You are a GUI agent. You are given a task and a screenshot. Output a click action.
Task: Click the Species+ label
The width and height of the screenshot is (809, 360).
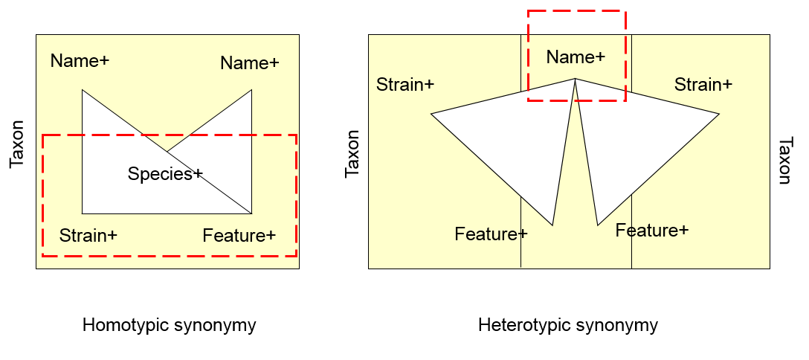164,174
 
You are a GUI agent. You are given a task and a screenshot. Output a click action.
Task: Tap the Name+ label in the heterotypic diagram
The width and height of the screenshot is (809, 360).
576,57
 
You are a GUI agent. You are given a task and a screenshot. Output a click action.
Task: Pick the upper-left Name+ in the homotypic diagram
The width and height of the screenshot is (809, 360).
80,61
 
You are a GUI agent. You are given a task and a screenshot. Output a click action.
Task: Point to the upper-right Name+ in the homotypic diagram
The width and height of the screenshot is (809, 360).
250,63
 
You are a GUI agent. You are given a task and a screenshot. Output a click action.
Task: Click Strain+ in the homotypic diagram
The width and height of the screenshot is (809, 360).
88,236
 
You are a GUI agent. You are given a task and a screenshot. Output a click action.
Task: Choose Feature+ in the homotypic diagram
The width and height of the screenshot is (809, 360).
239,236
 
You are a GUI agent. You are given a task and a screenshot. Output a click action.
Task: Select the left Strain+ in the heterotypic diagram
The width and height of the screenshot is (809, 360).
405,84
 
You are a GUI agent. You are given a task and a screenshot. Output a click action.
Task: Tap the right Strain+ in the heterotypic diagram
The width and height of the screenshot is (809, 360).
703,85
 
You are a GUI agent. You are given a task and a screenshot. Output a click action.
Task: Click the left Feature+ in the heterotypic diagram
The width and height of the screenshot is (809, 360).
491,234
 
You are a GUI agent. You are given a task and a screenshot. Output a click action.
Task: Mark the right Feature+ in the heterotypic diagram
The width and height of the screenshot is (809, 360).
652,231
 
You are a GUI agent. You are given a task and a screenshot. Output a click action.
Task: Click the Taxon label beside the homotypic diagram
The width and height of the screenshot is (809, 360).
17,144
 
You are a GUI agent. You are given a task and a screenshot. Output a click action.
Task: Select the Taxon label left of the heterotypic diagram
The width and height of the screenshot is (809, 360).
352,154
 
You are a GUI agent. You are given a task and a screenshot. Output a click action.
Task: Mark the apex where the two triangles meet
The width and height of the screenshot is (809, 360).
575,79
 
